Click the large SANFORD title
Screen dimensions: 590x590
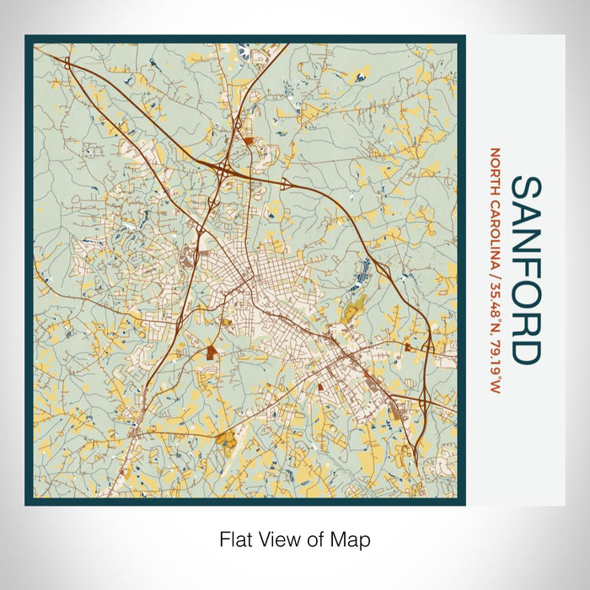(527, 270)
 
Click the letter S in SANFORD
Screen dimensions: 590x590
(527, 190)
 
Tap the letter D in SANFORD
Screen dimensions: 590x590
(527, 350)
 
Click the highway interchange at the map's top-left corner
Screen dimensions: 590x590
(65, 62)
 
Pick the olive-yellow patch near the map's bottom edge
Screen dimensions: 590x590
(226, 437)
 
